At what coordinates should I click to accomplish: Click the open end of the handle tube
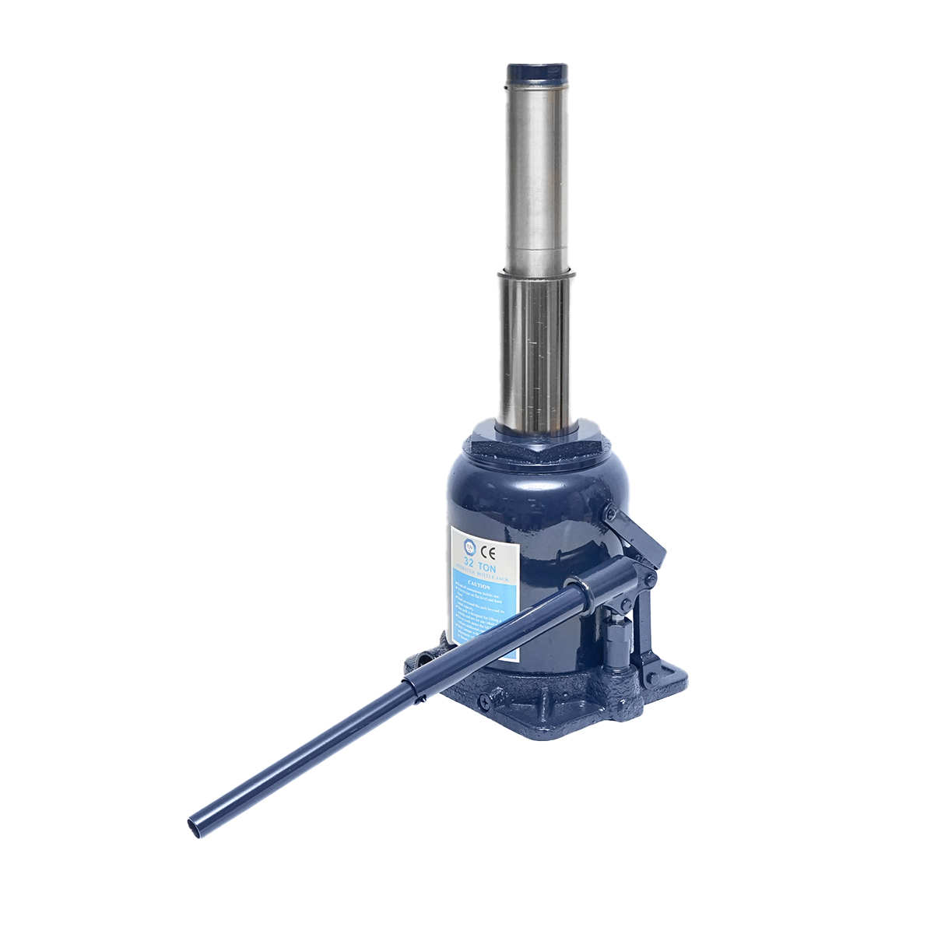click(194, 825)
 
